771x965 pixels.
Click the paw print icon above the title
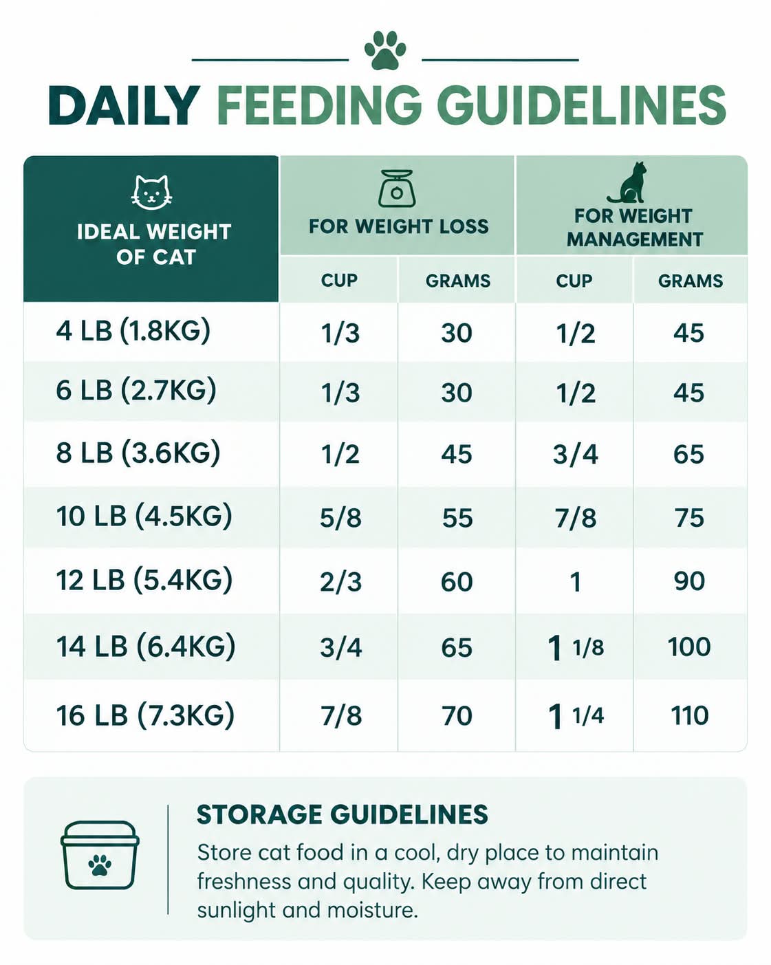pyautogui.click(x=385, y=50)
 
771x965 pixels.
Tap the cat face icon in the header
pyautogui.click(x=151, y=193)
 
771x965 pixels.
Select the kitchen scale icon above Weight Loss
pyautogui.click(x=396, y=188)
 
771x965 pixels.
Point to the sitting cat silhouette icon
pyautogui.click(x=628, y=183)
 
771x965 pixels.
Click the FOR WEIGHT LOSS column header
pyautogui.click(x=398, y=226)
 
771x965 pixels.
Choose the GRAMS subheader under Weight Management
pyautogui.click(x=691, y=281)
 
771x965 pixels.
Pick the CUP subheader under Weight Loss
pyautogui.click(x=339, y=281)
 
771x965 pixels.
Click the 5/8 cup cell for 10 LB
pyautogui.click(x=340, y=518)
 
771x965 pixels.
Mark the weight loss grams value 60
pyautogui.click(x=457, y=582)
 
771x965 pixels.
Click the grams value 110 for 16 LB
pyautogui.click(x=689, y=715)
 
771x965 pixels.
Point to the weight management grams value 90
pyautogui.click(x=689, y=581)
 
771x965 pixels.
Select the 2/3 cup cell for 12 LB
pyautogui.click(x=340, y=582)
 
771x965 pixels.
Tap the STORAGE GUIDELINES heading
pyautogui.click(x=343, y=814)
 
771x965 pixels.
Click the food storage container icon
pyautogui.click(x=100, y=855)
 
